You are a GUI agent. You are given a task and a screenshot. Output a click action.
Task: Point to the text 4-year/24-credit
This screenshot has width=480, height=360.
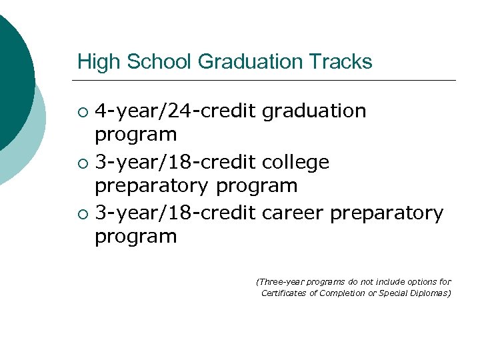coord(175,111)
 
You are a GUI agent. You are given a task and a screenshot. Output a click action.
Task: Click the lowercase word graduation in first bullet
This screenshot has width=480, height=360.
coord(314,111)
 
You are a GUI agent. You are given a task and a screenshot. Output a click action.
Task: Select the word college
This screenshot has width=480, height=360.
coord(295,162)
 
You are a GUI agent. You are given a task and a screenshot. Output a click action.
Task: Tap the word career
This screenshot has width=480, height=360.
coord(293,213)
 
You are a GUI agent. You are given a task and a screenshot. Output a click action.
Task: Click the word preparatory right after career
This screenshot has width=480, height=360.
coord(387,213)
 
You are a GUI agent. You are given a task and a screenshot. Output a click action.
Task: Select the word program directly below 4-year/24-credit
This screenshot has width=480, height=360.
coord(136,135)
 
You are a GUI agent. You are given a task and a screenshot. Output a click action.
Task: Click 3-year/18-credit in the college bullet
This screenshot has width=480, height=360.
coord(175,162)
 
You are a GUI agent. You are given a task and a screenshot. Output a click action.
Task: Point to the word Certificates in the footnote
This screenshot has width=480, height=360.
coord(284,293)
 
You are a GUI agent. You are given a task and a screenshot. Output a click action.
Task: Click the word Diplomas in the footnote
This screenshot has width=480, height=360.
coord(431,293)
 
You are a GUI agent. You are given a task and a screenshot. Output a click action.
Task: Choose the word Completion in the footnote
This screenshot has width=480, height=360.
coord(341,293)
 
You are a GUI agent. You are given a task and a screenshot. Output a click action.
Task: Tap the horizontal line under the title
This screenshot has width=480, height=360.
coord(267,81)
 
